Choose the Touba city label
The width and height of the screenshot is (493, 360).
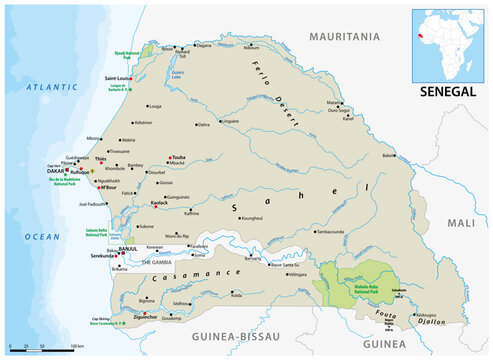[207, 158]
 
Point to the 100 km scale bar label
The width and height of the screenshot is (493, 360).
[76, 347]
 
